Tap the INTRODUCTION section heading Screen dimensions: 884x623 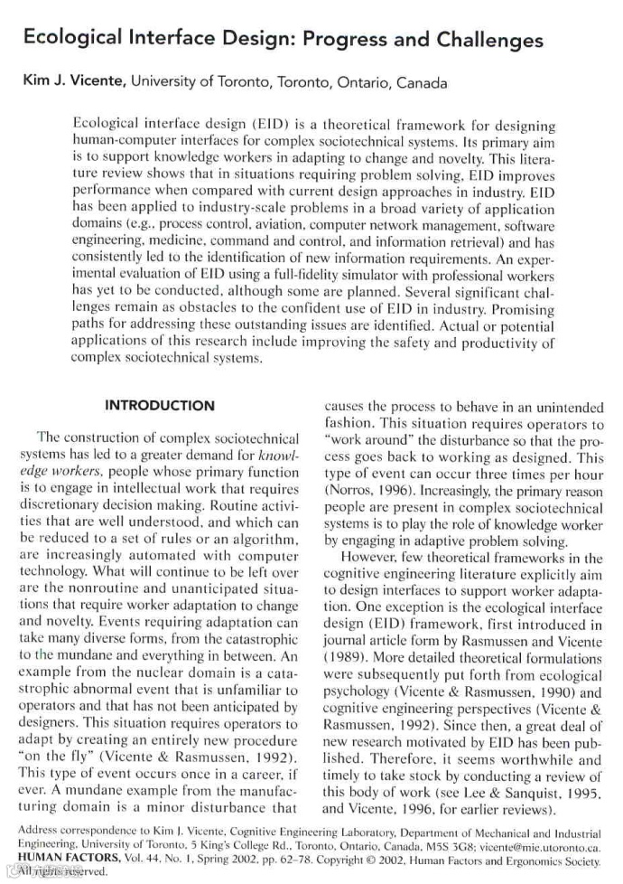point(160,405)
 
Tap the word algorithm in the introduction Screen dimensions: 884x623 point(262,540)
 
